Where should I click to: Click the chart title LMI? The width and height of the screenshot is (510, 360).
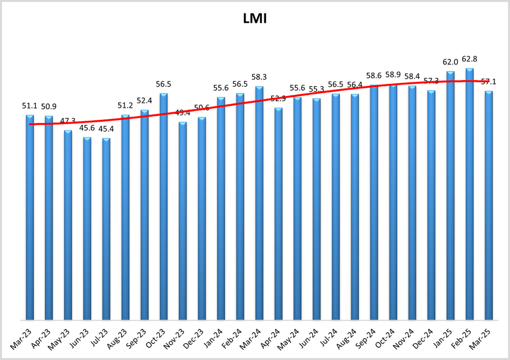tap(255, 19)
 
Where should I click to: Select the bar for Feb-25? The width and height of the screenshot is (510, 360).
tap(470, 195)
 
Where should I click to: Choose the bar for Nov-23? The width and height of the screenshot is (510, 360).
tap(183, 221)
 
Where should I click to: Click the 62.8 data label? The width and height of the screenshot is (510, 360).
tap(470, 59)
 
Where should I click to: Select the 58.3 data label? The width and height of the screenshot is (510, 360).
tap(259, 77)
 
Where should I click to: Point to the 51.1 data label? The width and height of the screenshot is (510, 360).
tap(30, 106)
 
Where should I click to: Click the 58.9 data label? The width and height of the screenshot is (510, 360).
tap(394, 75)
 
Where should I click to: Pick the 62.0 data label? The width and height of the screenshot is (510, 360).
tap(451, 62)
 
